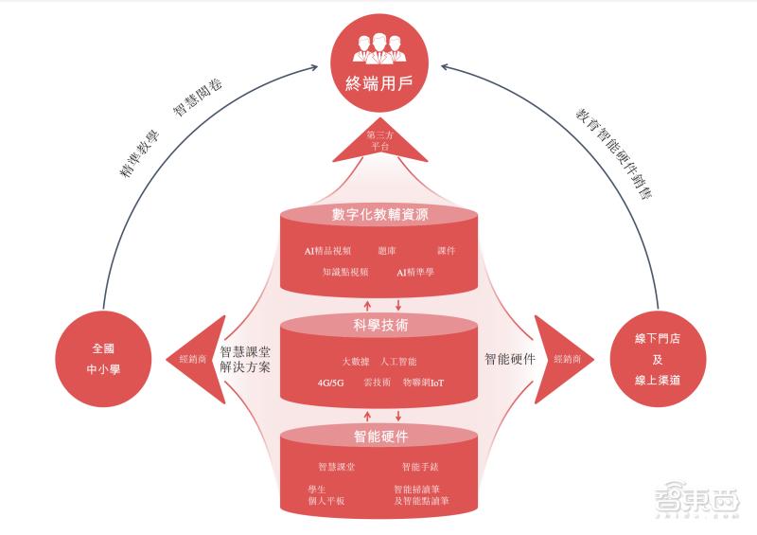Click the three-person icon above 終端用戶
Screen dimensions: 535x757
coord(378,47)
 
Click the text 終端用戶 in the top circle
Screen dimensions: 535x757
coord(378,79)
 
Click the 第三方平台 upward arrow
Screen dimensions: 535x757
coord(378,141)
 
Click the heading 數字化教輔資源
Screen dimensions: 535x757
coord(379,215)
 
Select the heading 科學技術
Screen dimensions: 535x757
coord(379,325)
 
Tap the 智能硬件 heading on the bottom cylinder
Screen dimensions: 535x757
coord(379,437)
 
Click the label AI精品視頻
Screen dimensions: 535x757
coord(328,251)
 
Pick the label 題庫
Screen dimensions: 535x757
coord(388,251)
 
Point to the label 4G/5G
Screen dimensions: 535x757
coord(332,383)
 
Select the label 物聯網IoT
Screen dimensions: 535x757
coord(423,383)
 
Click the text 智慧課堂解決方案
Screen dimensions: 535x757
coord(245,359)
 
